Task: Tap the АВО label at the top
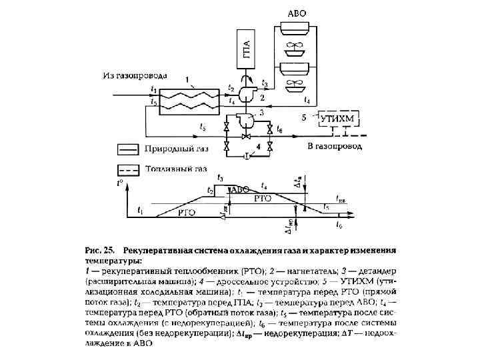point(297,13)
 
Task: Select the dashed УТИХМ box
point(339,119)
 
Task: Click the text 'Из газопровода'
point(135,75)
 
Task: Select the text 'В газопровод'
point(335,145)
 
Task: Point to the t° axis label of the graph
point(121,181)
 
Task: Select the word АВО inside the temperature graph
point(241,189)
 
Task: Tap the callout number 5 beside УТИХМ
point(304,117)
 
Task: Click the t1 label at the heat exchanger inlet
point(155,88)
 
